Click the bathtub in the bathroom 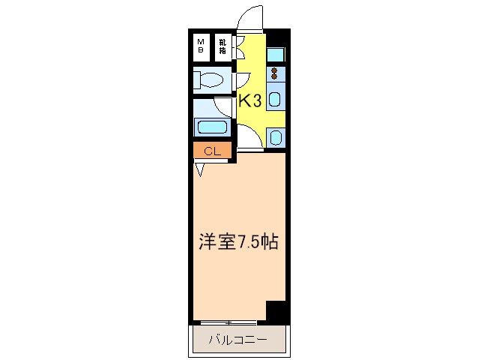pyautogui.click(x=213, y=126)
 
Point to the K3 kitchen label pyautogui.click(x=250, y=101)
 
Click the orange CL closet pyautogui.click(x=212, y=151)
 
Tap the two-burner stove pyautogui.click(x=275, y=73)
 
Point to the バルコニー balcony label pyautogui.click(x=237, y=340)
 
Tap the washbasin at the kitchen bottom pyautogui.click(x=275, y=137)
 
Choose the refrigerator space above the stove pyautogui.click(x=275, y=54)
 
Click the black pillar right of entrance pyautogui.click(x=277, y=38)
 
